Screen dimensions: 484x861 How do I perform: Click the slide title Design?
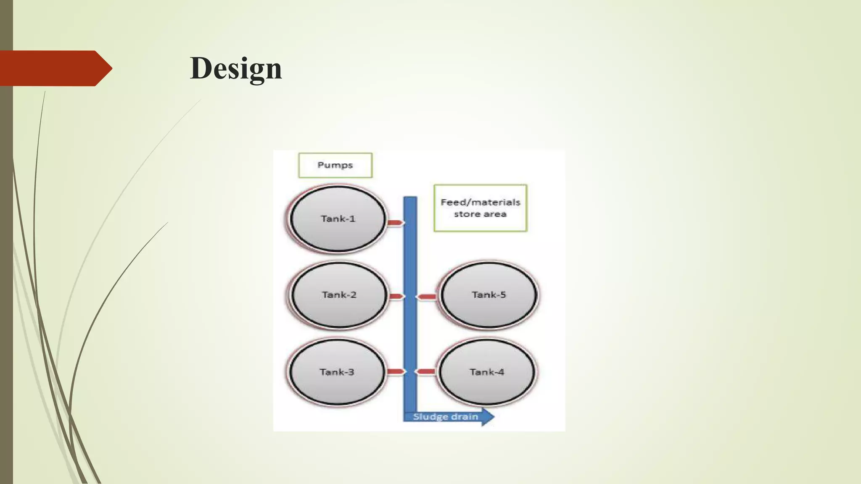click(236, 68)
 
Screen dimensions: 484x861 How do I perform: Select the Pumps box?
click(335, 165)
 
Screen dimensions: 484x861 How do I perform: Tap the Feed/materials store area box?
click(480, 208)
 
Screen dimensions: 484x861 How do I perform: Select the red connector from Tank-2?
click(396, 297)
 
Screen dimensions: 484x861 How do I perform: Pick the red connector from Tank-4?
click(425, 371)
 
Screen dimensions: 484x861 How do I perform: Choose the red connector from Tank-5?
click(426, 297)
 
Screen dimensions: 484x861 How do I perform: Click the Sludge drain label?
click(445, 417)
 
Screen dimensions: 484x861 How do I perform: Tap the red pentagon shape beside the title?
click(55, 68)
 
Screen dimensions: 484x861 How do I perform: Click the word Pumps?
click(335, 165)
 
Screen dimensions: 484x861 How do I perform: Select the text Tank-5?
click(489, 295)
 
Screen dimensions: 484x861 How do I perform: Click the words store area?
click(480, 214)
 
